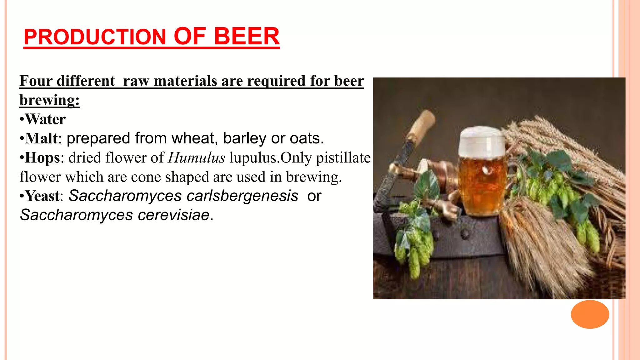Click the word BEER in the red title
(247, 37)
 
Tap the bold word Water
(45, 119)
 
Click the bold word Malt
(41, 138)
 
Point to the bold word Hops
(42, 158)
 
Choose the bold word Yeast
(42, 196)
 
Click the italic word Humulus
(196, 158)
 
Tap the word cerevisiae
(174, 215)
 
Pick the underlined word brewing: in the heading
(50, 101)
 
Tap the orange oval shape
(590, 314)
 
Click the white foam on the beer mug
(482, 142)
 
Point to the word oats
(306, 138)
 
